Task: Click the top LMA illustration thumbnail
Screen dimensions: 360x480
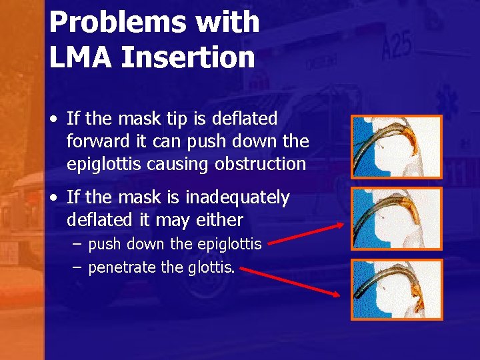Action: click(x=397, y=147)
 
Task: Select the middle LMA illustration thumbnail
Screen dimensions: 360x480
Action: click(x=397, y=218)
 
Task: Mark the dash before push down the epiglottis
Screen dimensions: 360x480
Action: click(x=77, y=245)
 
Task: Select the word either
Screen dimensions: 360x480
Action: click(x=224, y=219)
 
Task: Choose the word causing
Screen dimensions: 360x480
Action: click(x=185, y=163)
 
